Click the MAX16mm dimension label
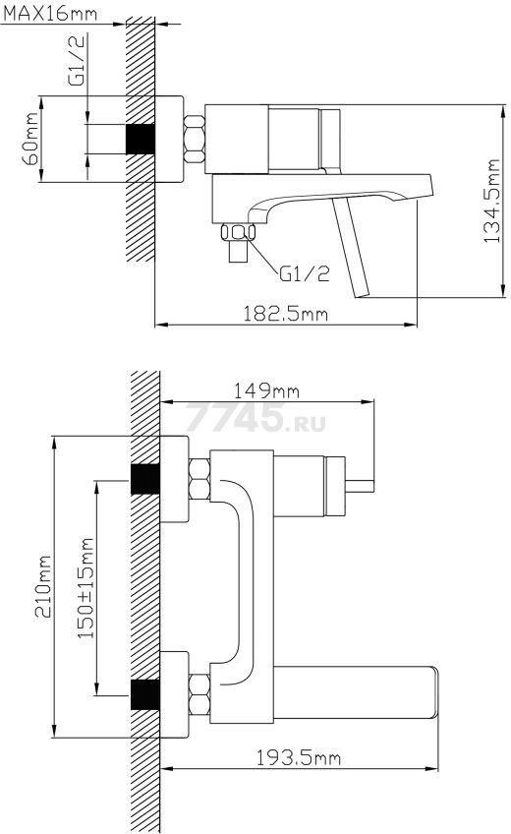point(50,13)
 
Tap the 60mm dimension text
point(30,139)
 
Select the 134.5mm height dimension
point(491,201)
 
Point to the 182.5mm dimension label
point(285,314)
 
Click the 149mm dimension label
point(266,391)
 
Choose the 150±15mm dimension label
point(85,588)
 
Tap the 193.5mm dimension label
point(299,758)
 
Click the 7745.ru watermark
point(255,417)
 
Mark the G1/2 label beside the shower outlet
point(305,273)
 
